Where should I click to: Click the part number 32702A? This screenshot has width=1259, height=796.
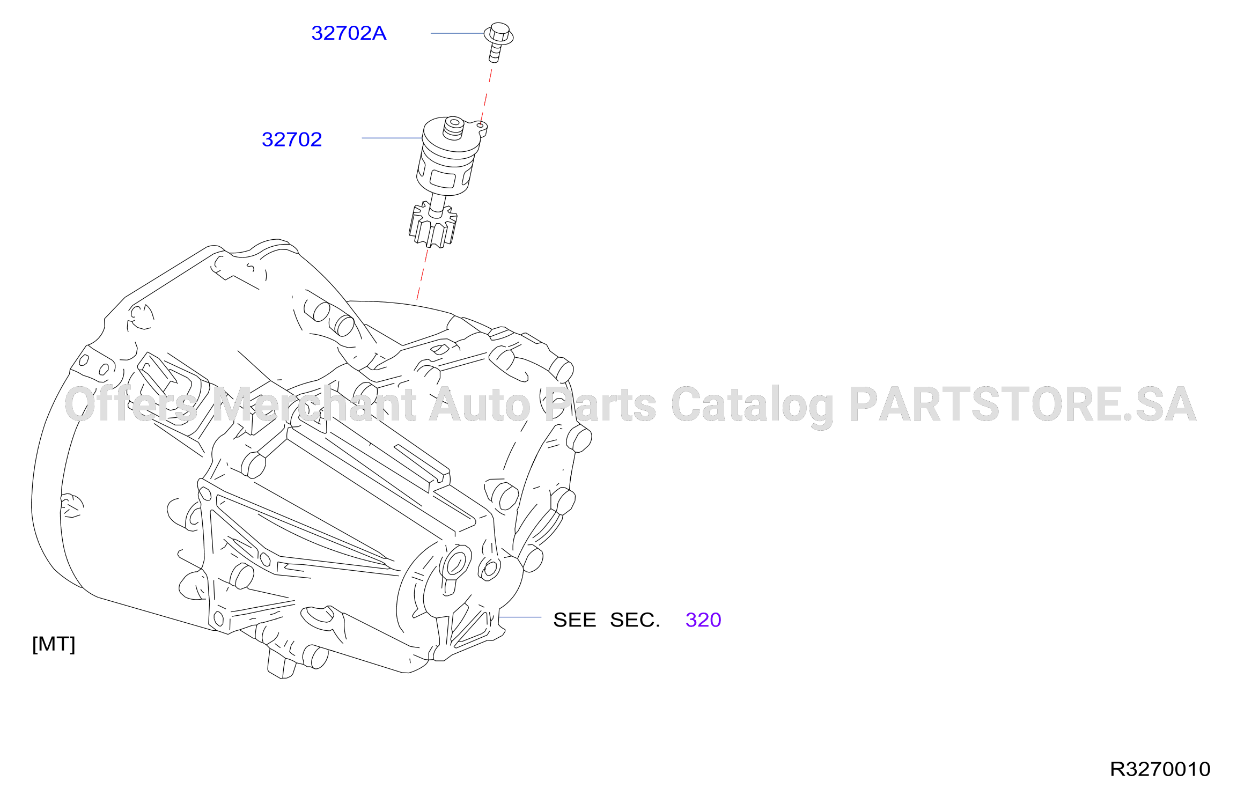[x=349, y=33]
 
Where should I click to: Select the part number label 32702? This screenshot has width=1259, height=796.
[x=292, y=139]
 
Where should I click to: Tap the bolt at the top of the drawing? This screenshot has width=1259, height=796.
[x=498, y=42]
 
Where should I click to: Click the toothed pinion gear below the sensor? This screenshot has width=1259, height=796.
[x=433, y=225]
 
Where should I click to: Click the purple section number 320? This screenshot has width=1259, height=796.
[x=703, y=620]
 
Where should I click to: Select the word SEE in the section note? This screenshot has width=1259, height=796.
[x=575, y=620]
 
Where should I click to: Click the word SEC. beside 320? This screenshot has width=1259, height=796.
[x=635, y=620]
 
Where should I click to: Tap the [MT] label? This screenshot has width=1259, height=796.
[x=54, y=644]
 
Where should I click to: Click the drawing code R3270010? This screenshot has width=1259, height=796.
[x=1160, y=769]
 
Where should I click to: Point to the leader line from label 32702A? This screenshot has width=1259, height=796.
[x=458, y=33]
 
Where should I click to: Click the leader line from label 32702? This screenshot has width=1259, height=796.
[x=393, y=138]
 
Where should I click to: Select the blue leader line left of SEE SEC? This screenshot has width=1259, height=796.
[x=520, y=617]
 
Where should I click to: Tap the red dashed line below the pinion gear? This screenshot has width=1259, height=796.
[x=423, y=274]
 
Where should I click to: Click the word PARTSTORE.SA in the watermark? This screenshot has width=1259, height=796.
[x=1022, y=404]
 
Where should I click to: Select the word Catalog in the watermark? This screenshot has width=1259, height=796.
[x=752, y=406]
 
